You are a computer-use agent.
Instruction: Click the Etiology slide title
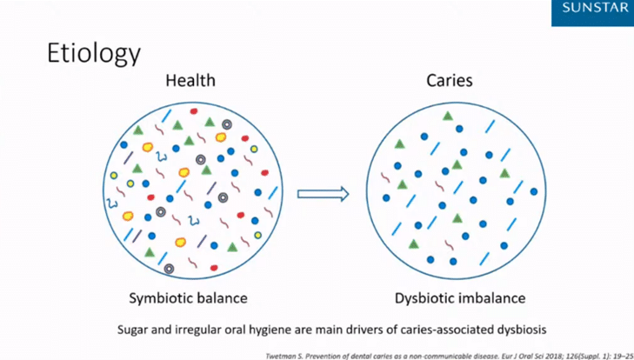click(94, 54)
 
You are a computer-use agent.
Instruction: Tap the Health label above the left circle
click(190, 81)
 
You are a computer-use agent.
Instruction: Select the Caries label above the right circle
click(450, 81)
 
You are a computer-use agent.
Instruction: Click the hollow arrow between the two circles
click(323, 194)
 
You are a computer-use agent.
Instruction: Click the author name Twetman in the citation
click(282, 357)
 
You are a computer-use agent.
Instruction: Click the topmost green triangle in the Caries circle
click(447, 117)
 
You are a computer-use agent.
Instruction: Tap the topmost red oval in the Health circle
click(194, 111)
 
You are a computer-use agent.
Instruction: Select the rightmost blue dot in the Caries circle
click(534, 191)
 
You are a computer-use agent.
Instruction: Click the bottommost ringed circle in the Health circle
click(169, 269)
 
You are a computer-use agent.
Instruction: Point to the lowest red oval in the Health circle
click(214, 268)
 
